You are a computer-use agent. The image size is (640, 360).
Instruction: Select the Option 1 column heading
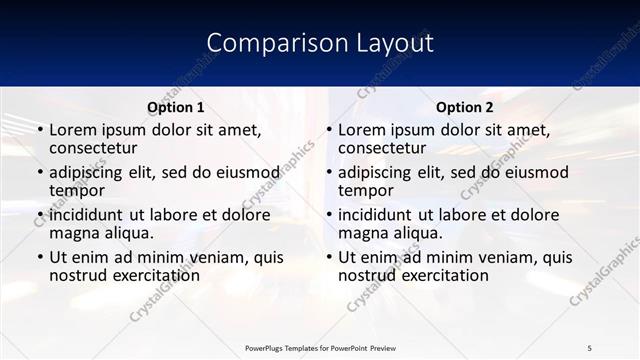tap(176, 107)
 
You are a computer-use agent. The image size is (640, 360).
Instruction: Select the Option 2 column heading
tap(465, 107)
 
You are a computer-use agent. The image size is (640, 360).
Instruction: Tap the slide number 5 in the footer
tap(590, 347)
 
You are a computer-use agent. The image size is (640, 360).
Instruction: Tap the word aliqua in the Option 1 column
tap(127, 233)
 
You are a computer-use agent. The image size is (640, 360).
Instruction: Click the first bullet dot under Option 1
tap(40, 131)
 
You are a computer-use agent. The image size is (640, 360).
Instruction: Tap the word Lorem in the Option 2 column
tap(361, 130)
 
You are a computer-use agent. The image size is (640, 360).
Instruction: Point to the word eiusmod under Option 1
tap(247, 172)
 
